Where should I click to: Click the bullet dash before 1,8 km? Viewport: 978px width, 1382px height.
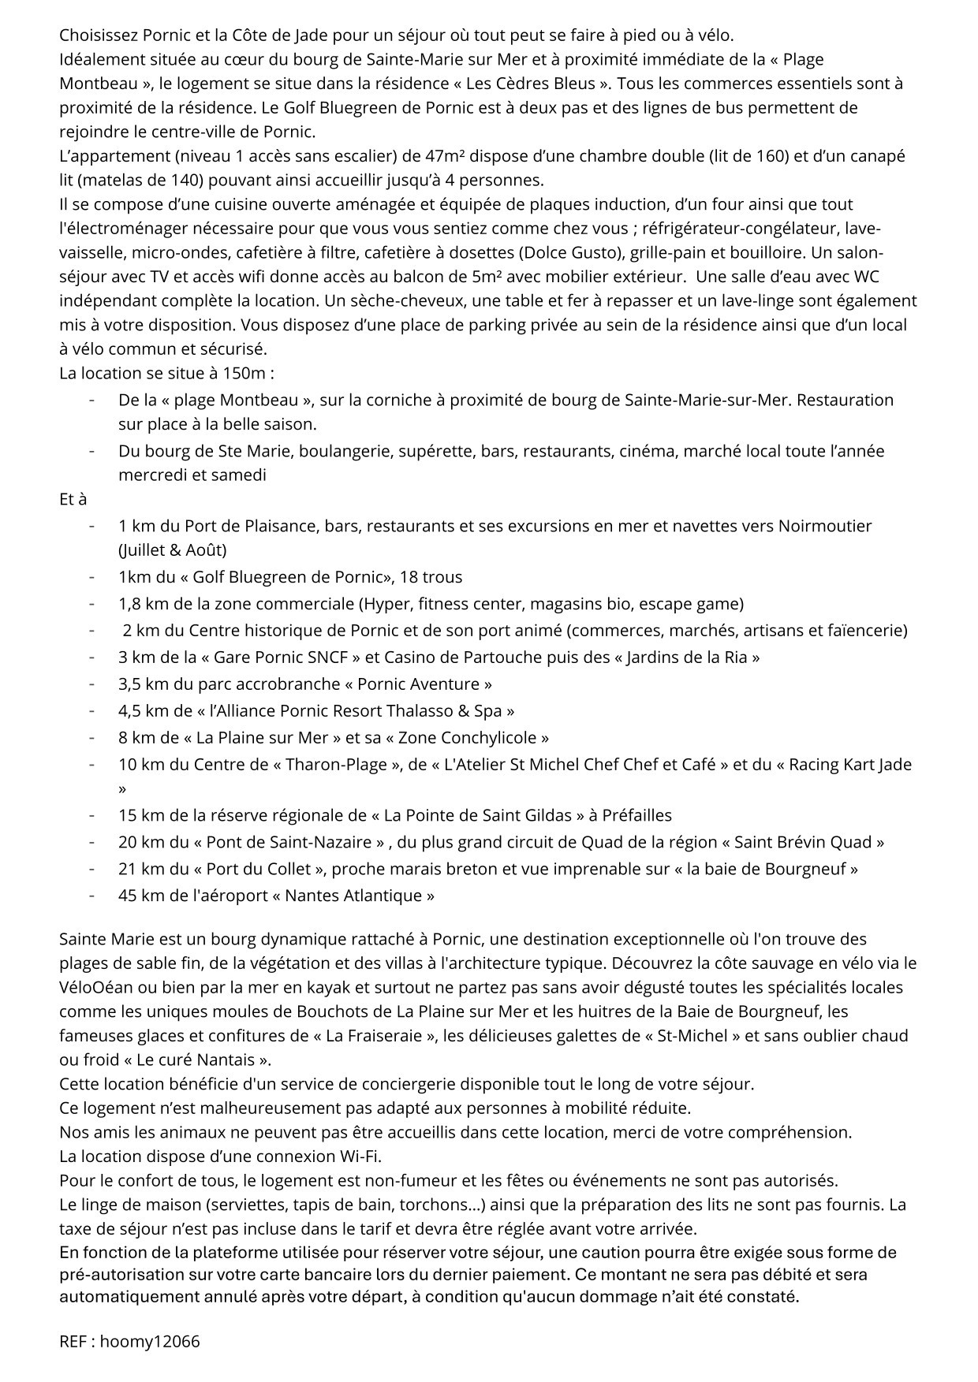pos(92,604)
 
